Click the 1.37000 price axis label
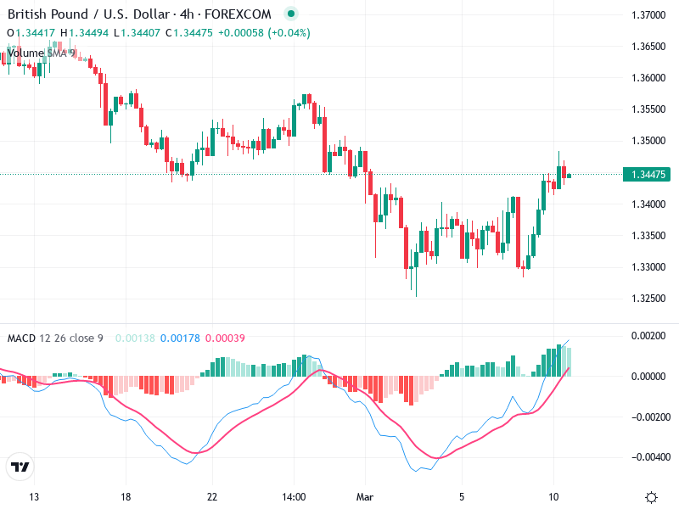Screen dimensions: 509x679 pos(648,15)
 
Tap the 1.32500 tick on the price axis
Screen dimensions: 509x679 pos(648,298)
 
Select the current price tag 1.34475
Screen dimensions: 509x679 pos(648,175)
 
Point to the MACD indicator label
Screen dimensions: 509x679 pos(22,338)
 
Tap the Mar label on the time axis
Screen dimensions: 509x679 pos(365,496)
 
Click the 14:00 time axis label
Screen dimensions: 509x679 pos(293,496)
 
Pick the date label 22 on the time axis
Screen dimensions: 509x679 pos(212,496)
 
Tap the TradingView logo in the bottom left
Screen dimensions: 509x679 pos(20,467)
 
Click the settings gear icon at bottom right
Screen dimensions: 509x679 pos(652,497)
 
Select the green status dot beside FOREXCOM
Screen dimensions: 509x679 pos(291,14)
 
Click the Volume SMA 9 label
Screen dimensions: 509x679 pos(41,53)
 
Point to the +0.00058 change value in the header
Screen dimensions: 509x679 pos(241,33)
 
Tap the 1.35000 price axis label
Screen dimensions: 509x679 pos(648,141)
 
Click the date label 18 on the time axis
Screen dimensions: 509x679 pos(126,496)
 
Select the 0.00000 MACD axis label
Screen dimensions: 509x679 pos(648,376)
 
